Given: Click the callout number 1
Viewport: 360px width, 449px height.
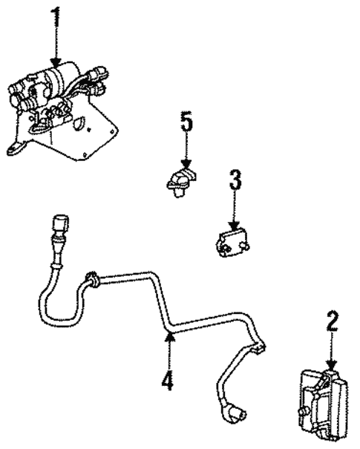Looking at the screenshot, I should point(56,18).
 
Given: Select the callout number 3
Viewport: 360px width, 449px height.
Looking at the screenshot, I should point(235,180).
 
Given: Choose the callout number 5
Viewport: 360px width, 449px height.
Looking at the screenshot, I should point(186,122).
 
